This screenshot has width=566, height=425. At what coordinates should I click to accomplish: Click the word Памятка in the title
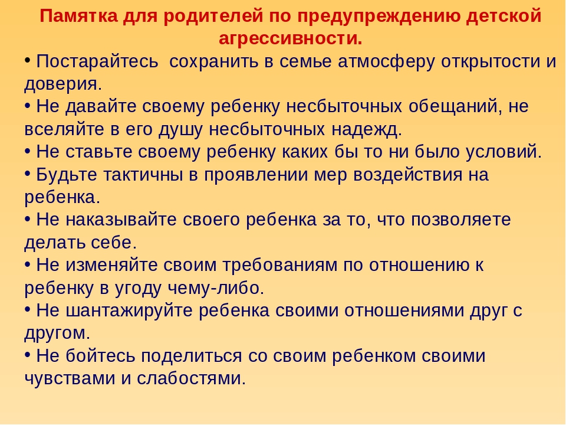click(78, 17)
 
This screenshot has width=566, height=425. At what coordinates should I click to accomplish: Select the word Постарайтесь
click(97, 61)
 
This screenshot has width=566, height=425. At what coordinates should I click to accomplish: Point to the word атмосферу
click(386, 61)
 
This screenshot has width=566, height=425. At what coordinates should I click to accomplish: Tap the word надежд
click(364, 129)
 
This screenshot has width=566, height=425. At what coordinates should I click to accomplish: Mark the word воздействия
click(407, 175)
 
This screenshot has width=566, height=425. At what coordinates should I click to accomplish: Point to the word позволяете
click(460, 220)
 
